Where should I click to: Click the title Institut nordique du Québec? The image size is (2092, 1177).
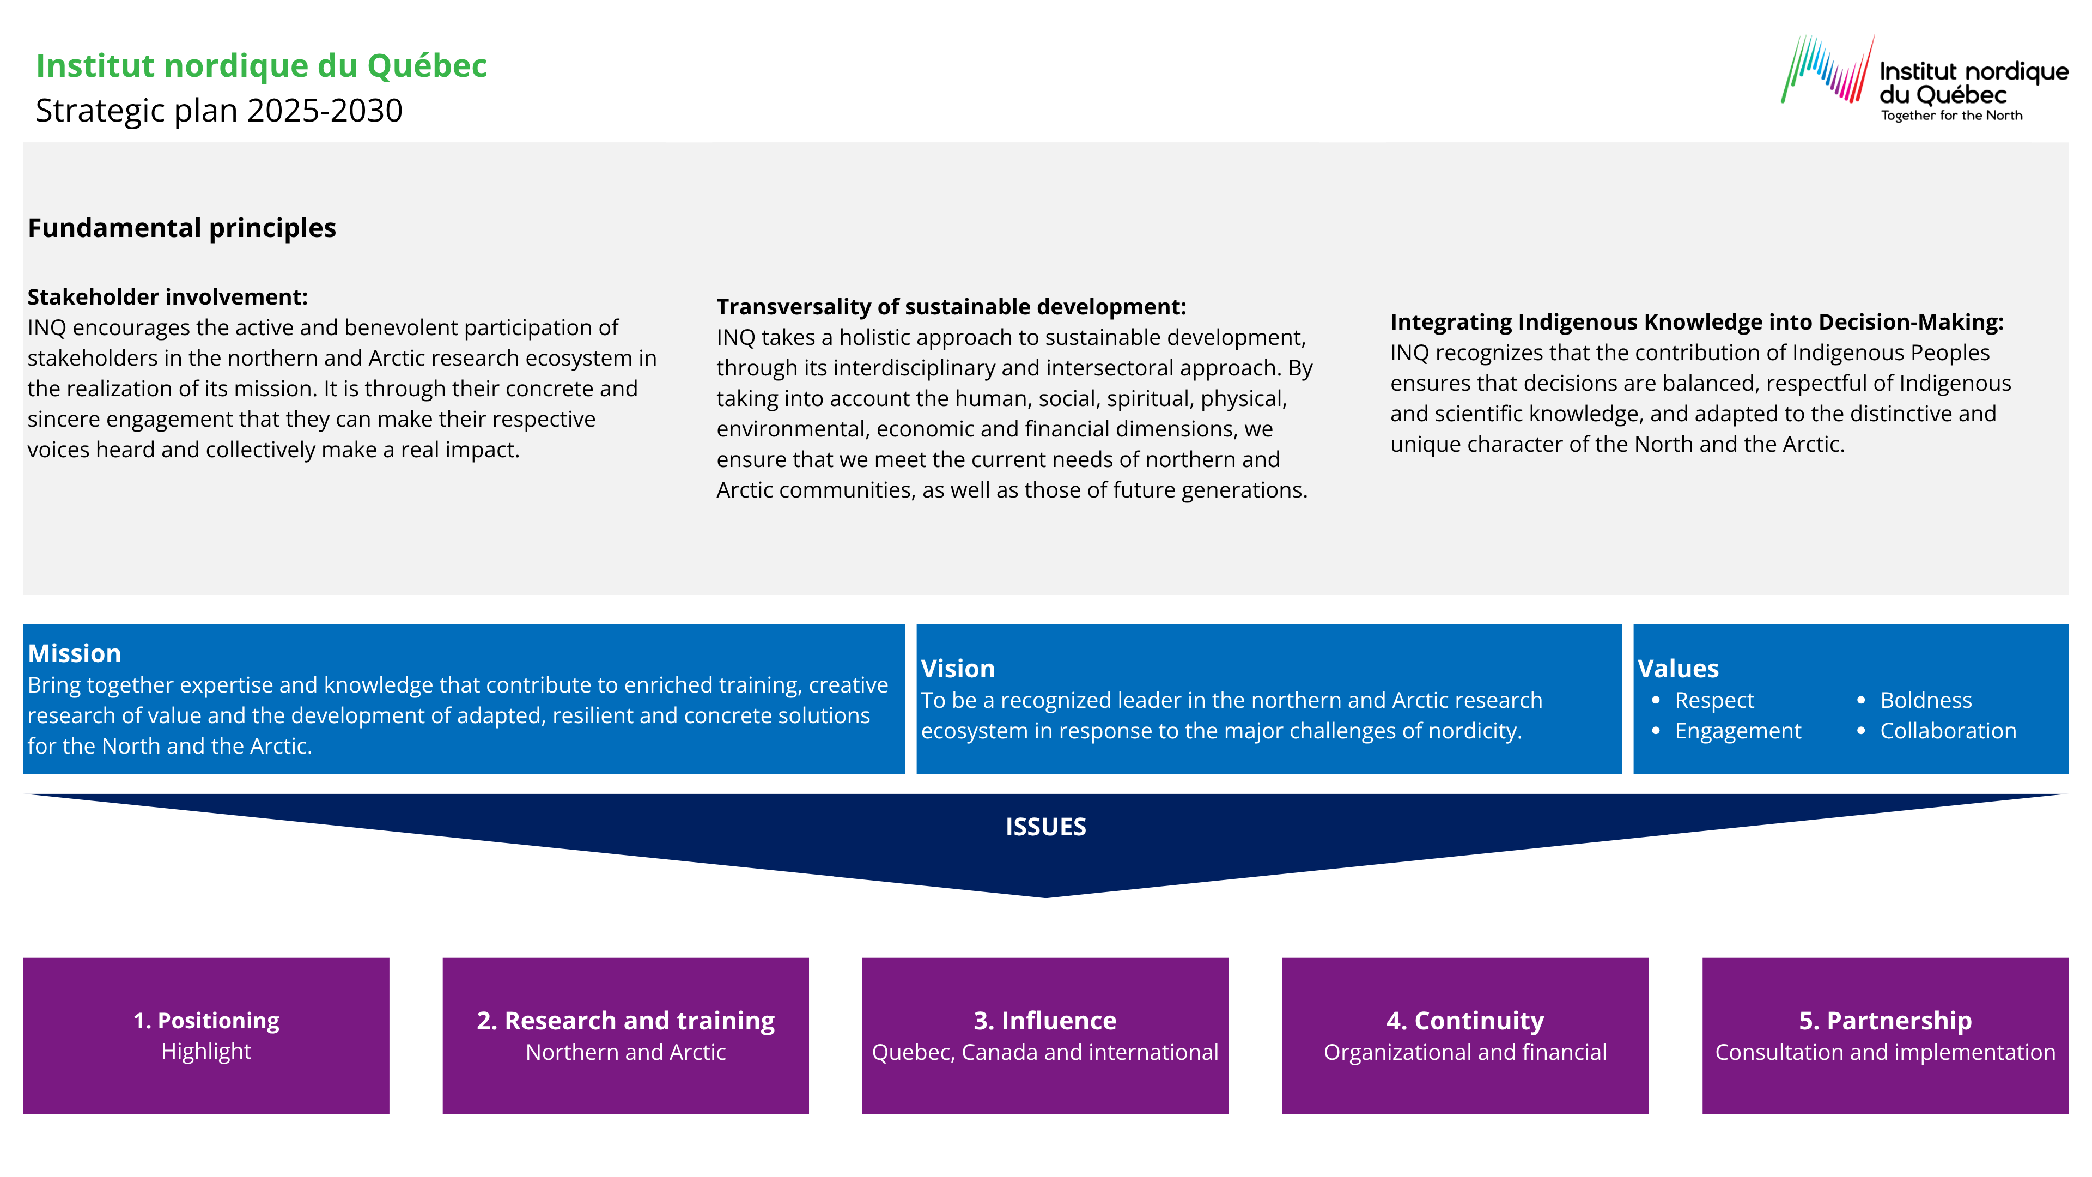pos(261,66)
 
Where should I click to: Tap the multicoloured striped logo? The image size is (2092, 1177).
pos(1827,69)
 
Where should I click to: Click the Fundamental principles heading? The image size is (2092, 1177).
pos(182,228)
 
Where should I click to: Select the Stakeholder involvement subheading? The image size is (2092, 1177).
pos(167,298)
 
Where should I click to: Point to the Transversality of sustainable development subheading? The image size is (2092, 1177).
pos(951,307)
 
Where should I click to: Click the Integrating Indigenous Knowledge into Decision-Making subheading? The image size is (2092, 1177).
pos(1696,323)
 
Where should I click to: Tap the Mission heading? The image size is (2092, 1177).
pos(74,654)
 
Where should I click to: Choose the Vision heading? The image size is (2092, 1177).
pos(958,669)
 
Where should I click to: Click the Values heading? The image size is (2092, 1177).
pos(1678,669)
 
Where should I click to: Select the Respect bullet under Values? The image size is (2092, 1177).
pos(1713,701)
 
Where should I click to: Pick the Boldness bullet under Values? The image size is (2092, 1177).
pos(1925,701)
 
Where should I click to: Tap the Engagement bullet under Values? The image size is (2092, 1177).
pos(1737,731)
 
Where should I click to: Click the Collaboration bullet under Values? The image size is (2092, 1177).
pos(1948,731)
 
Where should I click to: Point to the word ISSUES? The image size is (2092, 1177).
pos(1045,827)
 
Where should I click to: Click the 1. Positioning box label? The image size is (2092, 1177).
pos(206,1021)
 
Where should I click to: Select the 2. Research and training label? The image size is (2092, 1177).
pos(625,1021)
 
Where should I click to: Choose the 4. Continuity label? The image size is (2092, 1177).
pos(1465,1021)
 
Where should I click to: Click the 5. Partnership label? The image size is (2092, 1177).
pos(1885,1021)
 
